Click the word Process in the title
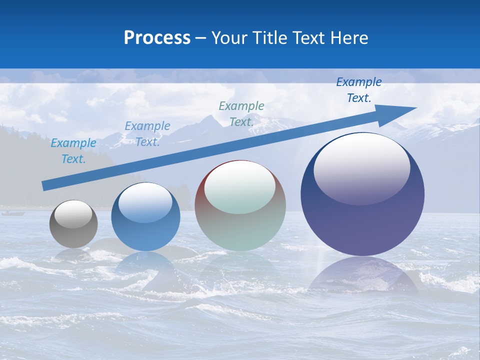pos(157,38)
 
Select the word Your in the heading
pos(229,38)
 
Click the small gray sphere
pos(73,224)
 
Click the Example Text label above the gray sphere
pos(73,151)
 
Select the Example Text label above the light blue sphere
pos(147,134)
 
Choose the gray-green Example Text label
pos(241,114)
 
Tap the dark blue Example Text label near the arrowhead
pos(359,90)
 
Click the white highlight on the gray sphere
pos(73,214)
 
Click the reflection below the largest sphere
pos(362,277)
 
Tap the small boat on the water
pos(13,213)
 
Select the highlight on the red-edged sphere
pos(240,187)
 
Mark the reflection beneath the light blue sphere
pos(145,267)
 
